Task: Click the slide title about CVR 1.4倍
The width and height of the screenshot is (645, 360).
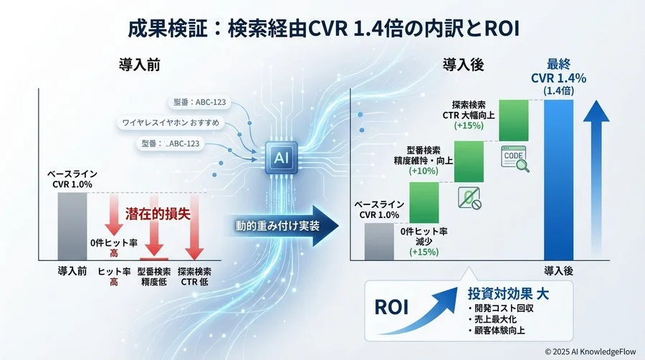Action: (322, 29)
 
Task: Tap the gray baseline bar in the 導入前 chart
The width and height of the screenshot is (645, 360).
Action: (72, 226)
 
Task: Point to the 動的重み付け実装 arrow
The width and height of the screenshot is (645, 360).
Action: (279, 227)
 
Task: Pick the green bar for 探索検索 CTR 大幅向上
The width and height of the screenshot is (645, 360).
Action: (513, 120)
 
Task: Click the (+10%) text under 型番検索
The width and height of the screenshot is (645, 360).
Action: (425, 171)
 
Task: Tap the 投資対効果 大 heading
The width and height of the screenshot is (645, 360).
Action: (509, 294)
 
